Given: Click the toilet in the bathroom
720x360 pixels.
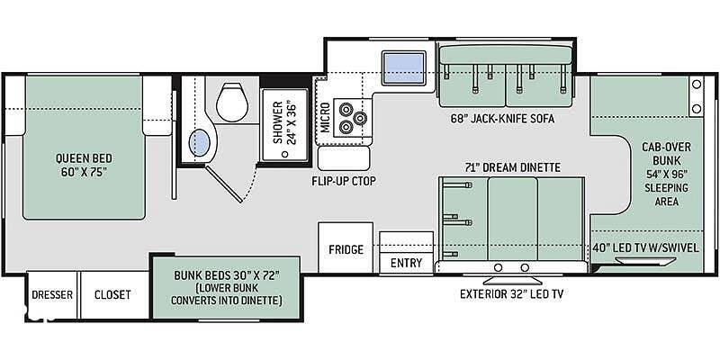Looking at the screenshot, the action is [232, 102].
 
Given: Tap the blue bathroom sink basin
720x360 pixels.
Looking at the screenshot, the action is [200, 143].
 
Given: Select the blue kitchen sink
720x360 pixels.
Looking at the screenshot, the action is [403, 68].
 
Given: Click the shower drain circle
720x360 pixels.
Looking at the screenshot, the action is [285, 154].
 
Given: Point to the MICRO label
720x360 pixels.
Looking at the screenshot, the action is [325, 118].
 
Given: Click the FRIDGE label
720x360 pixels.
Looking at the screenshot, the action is [346, 249].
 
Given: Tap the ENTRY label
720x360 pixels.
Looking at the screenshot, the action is [406, 263].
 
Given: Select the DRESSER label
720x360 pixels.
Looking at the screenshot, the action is [52, 294].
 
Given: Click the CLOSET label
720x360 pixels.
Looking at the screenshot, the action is [112, 294].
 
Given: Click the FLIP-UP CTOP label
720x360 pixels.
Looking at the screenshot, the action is [344, 182].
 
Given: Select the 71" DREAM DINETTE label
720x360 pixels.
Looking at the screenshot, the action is [512, 167].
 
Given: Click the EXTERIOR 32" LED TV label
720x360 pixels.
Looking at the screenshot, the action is [511, 294].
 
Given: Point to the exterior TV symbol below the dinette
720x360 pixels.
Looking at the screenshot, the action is [511, 280].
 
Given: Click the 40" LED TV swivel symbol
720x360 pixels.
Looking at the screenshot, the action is [645, 262].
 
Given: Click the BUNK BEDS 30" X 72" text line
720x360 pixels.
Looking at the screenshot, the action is [227, 276].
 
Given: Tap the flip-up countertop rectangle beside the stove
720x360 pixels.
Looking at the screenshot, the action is [344, 158].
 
